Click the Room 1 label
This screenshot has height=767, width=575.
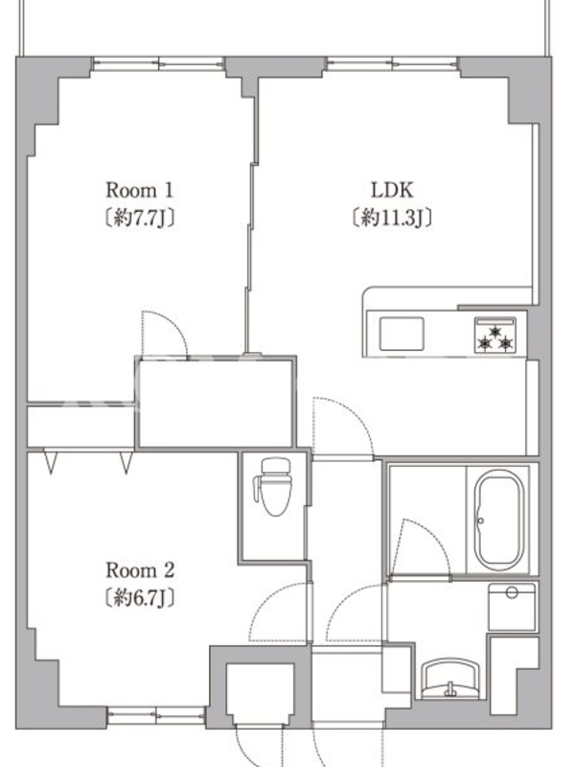[x=140, y=190]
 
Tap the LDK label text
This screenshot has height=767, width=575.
[x=392, y=190]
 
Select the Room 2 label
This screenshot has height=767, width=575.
[x=140, y=569]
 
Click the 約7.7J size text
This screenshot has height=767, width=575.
[x=140, y=218]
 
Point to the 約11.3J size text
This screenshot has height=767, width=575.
[x=392, y=218]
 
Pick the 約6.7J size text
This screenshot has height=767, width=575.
[x=140, y=597]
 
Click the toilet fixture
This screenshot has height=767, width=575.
[x=273, y=486]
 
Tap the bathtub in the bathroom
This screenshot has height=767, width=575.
[x=498, y=520]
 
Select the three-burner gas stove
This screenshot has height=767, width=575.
[x=495, y=335]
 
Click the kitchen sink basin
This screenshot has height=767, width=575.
[x=402, y=334]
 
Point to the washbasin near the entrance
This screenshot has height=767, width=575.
[x=451, y=679]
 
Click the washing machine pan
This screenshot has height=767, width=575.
[x=512, y=607]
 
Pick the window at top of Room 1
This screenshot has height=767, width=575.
[x=158, y=62]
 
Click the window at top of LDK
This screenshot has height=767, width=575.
[x=393, y=62]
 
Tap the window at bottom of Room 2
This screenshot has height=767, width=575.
[x=156, y=715]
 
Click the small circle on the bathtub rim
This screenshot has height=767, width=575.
[x=481, y=521]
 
